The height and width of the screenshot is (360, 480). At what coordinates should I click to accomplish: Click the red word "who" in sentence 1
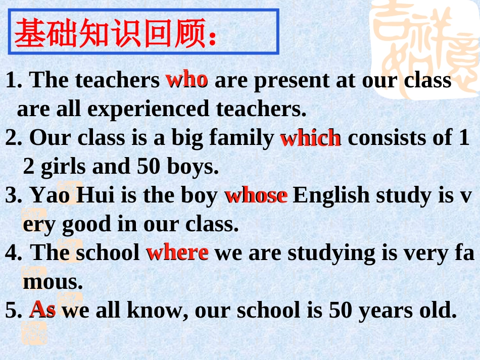(186, 79)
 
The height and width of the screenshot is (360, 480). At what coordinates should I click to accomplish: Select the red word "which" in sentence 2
(310, 138)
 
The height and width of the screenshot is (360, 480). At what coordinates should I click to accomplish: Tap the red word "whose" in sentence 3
(257, 195)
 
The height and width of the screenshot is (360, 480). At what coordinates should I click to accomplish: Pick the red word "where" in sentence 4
(177, 252)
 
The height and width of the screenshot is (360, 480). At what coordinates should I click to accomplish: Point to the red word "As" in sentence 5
(42, 309)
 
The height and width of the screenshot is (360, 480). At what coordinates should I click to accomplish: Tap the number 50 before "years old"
(341, 310)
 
